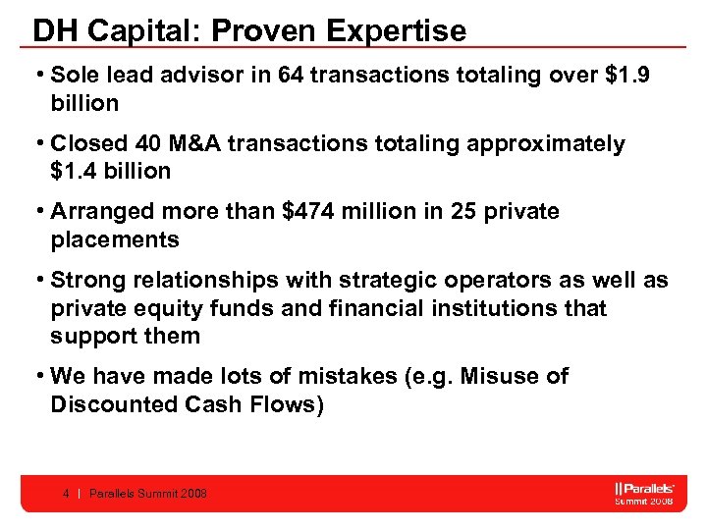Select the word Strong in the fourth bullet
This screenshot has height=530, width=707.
[x=85, y=281]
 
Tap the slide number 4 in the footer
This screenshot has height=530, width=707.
[x=65, y=494]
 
